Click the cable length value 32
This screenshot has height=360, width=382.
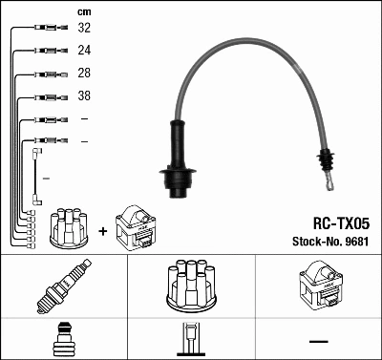(84, 28)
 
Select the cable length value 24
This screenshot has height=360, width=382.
(84, 51)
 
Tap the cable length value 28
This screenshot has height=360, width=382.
(84, 74)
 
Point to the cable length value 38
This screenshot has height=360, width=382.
(84, 96)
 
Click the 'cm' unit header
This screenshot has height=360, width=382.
(84, 11)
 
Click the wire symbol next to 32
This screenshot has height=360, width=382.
(45, 29)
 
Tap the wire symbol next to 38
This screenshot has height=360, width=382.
(45, 96)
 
